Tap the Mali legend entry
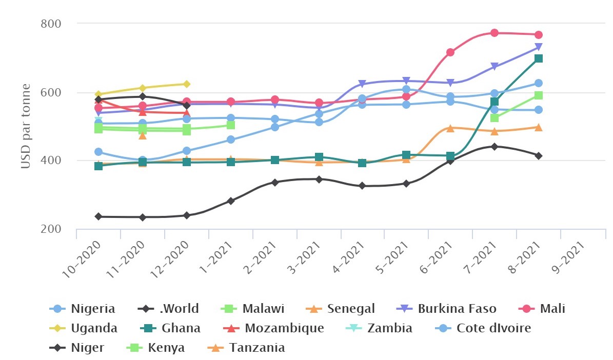tap(544, 309)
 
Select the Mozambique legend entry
tap(275, 328)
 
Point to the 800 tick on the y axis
tap(51, 24)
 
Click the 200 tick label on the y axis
tap(51, 229)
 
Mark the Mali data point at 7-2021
tap(495, 33)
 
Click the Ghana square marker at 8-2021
tap(539, 58)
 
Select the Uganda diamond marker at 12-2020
tap(187, 84)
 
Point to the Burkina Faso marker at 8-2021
tap(539, 47)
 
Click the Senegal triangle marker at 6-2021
tap(450, 128)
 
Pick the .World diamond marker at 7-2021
tap(495, 147)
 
